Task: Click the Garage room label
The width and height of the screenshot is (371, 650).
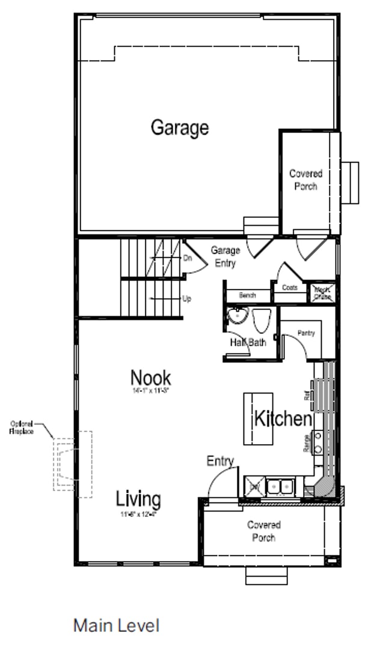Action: point(179,128)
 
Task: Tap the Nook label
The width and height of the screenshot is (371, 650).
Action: point(150,378)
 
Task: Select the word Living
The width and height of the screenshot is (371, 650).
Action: point(138,499)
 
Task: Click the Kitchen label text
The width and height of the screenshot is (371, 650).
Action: point(283,418)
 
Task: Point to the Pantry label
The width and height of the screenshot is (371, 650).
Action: point(306,333)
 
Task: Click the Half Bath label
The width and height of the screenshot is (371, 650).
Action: point(248,342)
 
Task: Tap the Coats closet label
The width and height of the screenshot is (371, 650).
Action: point(290,288)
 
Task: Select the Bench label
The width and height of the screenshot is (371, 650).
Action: point(247,296)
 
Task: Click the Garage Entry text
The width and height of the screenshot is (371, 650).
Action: point(225,256)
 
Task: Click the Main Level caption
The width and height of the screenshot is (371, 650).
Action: point(116,625)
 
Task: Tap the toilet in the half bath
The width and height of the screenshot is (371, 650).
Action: point(262,321)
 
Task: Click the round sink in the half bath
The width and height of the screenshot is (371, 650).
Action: point(238,315)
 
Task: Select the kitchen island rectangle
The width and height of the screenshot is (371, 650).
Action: point(258,418)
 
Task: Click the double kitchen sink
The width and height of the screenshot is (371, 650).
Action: point(280,486)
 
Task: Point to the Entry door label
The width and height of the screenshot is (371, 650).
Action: point(219,461)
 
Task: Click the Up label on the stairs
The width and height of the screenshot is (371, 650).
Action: point(187,299)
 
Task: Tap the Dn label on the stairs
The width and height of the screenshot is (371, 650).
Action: point(187,258)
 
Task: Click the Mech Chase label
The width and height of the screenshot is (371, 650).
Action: point(322,293)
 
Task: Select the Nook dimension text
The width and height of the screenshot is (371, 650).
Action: point(150,391)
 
